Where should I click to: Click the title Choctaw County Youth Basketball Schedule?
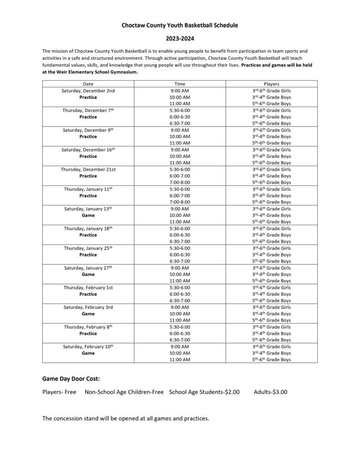180,25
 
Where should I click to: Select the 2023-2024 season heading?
180,39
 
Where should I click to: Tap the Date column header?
88,84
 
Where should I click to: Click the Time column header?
180,84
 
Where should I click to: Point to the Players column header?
271,84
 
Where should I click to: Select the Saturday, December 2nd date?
88,91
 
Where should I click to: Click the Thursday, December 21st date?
88,169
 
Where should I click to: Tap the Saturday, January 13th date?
88,209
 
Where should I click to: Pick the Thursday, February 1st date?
88,288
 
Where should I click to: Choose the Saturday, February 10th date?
88,347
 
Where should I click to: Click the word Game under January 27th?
88,274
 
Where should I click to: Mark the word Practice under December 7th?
88,117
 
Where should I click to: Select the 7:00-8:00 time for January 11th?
180,202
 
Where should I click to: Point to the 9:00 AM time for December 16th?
180,150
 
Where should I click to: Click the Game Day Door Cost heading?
71,379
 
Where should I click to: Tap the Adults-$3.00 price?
270,392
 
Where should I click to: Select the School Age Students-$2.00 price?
204,392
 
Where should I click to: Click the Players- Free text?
59,392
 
